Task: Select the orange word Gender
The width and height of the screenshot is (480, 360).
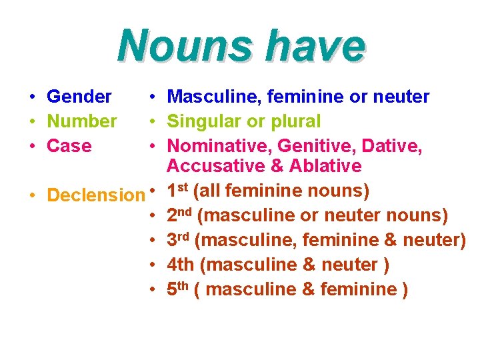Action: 79,97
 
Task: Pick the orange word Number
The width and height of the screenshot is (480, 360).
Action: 82,121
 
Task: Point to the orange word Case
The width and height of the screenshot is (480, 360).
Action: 69,146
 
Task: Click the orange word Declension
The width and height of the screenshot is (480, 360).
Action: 95,195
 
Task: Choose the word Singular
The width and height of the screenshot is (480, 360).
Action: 204,121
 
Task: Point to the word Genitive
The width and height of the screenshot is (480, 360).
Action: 312,146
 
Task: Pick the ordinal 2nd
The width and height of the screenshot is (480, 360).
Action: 181,216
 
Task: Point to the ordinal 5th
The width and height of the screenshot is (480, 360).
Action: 179,289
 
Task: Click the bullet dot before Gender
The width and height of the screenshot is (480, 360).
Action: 32,97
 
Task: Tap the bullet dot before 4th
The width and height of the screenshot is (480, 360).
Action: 153,265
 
